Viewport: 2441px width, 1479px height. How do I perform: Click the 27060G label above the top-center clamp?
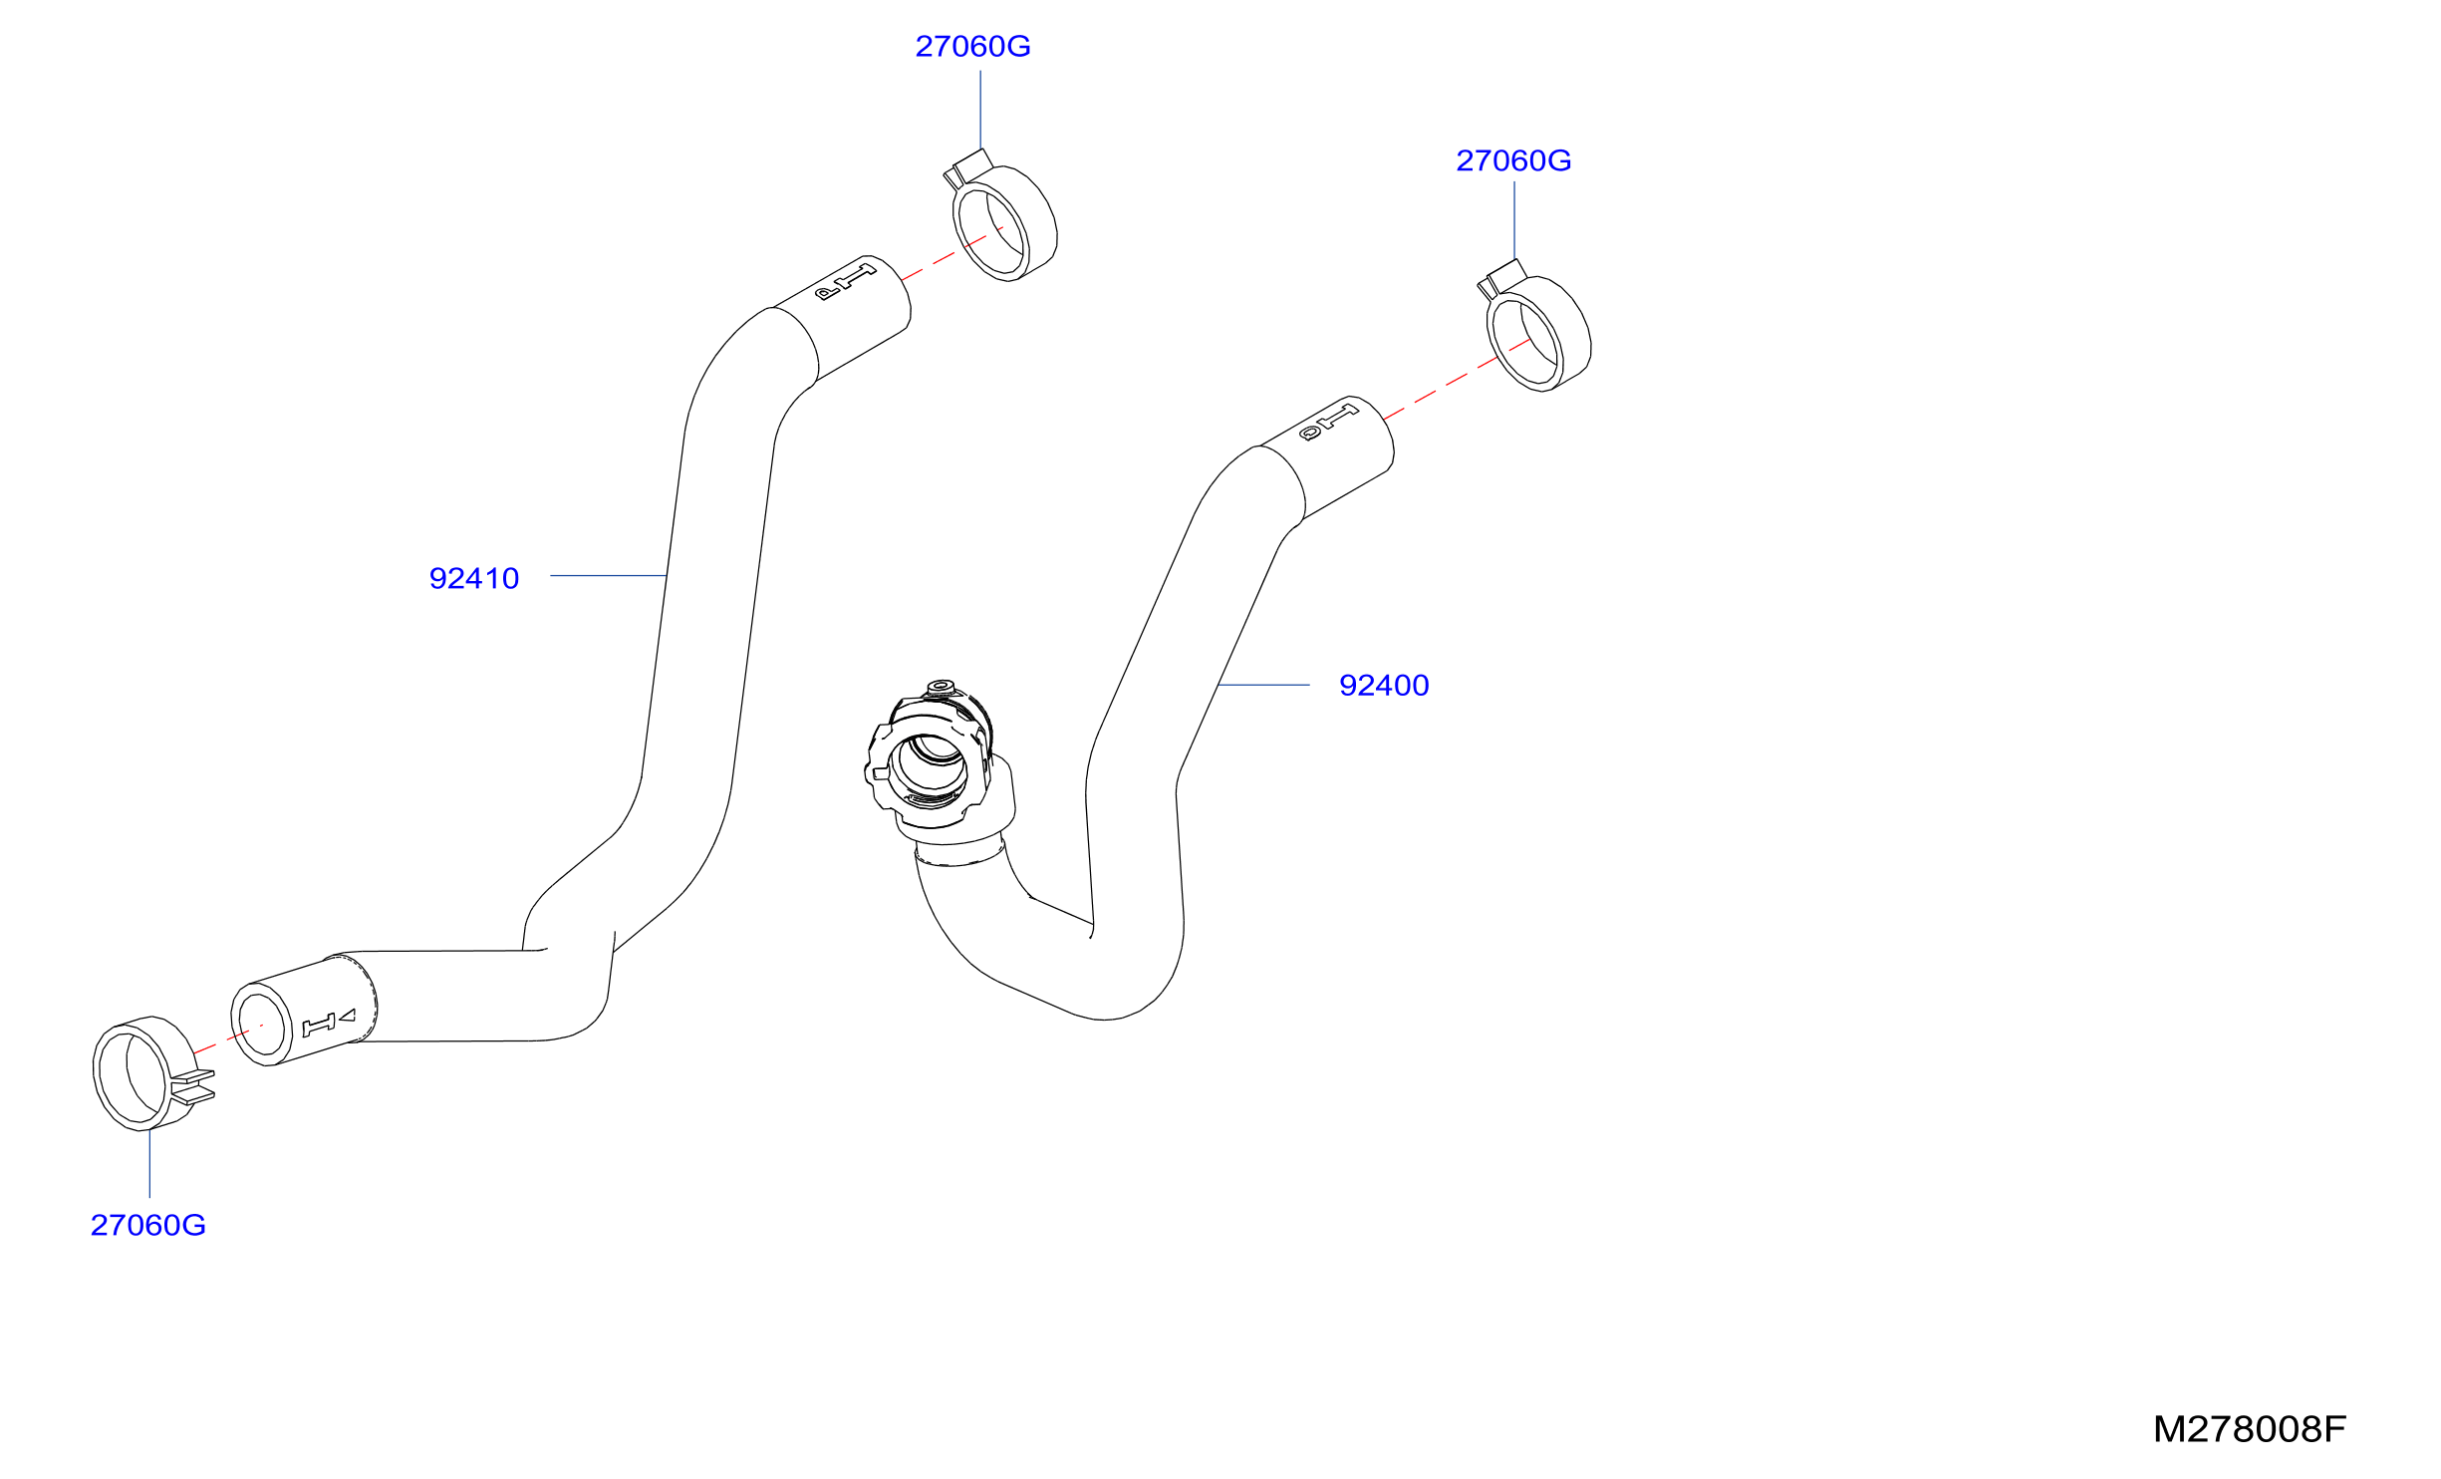[972, 47]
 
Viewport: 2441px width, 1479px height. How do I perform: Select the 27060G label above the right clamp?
[1513, 161]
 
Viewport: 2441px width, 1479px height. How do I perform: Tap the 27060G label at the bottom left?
[148, 1225]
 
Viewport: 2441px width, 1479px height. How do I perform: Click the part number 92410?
[474, 579]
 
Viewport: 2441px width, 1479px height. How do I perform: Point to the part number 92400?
[1384, 686]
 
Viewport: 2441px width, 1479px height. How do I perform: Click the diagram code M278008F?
[2250, 1429]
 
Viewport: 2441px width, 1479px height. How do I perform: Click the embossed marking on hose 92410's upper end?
[845, 282]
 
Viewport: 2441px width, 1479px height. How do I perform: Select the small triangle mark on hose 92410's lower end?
[348, 1017]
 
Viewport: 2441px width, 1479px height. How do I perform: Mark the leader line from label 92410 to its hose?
[609, 576]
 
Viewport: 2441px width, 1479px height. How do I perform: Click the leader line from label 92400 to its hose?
[1263, 686]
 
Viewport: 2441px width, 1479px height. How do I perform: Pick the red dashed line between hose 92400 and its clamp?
[1458, 379]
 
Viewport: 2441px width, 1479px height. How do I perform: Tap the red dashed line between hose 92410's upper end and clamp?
[951, 254]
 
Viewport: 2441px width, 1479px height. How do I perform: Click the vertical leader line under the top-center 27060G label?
[980, 110]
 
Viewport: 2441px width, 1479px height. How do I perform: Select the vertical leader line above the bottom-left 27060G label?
[149, 1163]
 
